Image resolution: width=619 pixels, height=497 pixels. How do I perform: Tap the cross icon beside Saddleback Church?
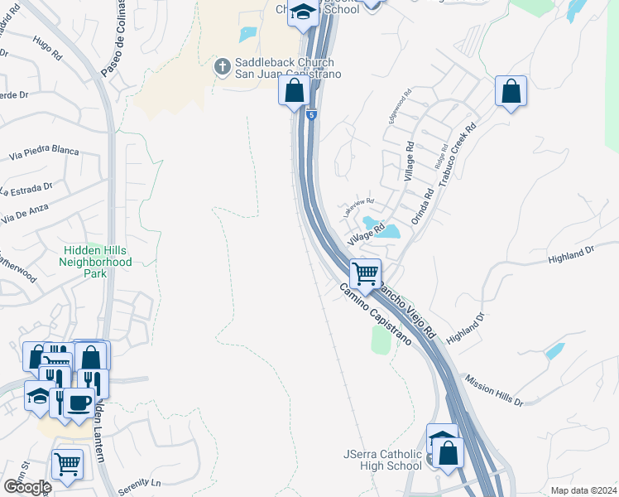222,66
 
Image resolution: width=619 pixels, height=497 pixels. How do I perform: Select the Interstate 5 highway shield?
310,115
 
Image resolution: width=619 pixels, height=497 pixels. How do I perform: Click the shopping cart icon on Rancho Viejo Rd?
365,273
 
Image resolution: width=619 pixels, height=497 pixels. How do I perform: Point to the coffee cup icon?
79,403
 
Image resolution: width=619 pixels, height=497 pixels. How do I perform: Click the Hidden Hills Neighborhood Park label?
95,262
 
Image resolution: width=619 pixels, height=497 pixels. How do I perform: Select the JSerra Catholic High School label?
383,461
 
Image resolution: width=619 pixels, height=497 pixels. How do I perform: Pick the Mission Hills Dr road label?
494,389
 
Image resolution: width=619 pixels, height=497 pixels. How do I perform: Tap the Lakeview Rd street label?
359,204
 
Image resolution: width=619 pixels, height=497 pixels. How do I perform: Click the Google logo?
26,486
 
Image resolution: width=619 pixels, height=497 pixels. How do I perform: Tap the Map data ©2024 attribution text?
583,490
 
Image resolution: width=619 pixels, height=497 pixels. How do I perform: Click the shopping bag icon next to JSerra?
449,454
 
